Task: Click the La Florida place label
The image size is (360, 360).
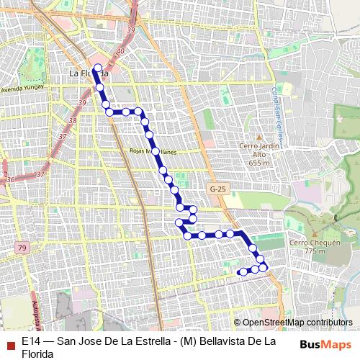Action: [88, 73]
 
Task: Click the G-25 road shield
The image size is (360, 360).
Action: [217, 189]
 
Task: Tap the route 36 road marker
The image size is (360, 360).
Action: [9, 179]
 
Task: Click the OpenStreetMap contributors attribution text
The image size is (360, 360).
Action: [293, 323]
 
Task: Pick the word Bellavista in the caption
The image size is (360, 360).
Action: [227, 341]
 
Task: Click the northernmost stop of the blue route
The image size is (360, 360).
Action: [97, 68]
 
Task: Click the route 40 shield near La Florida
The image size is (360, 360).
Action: [120, 52]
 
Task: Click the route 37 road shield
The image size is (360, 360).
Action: [40, 174]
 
